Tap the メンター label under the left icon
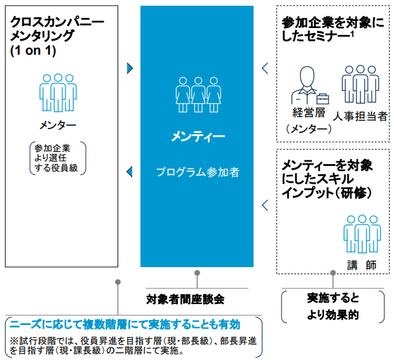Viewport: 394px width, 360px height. (58, 125)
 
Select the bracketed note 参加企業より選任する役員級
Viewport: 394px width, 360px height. (58, 158)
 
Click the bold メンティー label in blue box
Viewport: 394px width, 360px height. (198, 137)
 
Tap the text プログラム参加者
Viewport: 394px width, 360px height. (198, 172)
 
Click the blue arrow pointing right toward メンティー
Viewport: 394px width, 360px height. (130, 68)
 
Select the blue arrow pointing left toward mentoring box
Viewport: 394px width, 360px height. (130, 171)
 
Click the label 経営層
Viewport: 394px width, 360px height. (309, 113)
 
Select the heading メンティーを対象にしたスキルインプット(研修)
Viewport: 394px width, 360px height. (327, 178)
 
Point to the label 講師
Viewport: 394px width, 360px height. (362, 263)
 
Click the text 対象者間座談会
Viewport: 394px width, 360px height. (185, 298)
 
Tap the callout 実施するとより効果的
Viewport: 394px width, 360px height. (332, 305)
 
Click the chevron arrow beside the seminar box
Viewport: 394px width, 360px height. (266, 68)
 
